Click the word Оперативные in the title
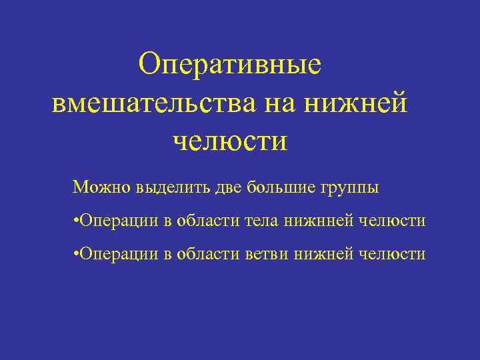point(230,65)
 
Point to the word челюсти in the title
point(230,141)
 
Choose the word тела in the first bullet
point(265,221)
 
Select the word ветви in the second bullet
point(271,254)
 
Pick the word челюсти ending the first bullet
point(392,221)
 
